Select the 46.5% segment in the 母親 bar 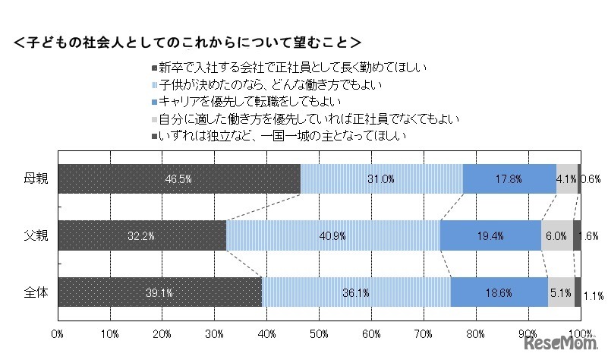pyautogui.click(x=179, y=179)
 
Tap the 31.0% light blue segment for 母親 pyautogui.click(x=381, y=179)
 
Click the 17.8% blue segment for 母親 pyautogui.click(x=509, y=179)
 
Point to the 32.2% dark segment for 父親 pyautogui.click(x=142, y=235)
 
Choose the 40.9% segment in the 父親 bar pyautogui.click(x=332, y=235)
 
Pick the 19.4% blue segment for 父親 pyautogui.click(x=490, y=235)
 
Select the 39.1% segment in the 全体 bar pyautogui.click(x=159, y=292)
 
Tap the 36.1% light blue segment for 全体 pyautogui.click(x=356, y=292)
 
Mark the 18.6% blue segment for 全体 pyautogui.click(x=499, y=292)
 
